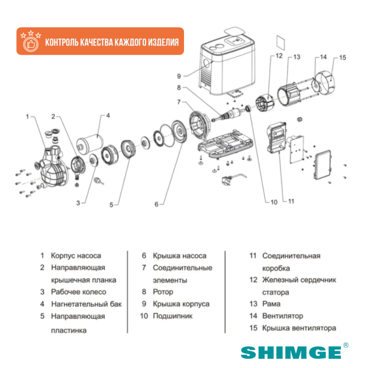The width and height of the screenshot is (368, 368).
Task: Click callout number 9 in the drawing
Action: (178, 76)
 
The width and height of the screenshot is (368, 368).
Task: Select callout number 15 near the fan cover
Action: (343, 57)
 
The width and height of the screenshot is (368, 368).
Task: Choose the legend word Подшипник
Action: (172, 315)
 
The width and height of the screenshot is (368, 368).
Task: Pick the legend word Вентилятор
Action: (283, 315)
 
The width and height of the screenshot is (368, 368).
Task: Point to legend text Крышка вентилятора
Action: (299, 328)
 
